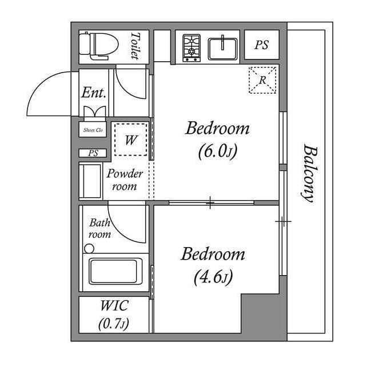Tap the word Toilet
pyautogui.click(x=135, y=45)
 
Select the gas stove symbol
pyautogui.click(x=192, y=48)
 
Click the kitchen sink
pyautogui.click(x=224, y=48)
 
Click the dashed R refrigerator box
pyautogui.click(x=262, y=80)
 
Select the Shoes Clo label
pyautogui.click(x=93, y=130)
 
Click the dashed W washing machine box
pyautogui.click(x=130, y=139)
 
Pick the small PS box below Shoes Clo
pyautogui.click(x=93, y=153)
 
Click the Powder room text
pyautogui.click(x=125, y=180)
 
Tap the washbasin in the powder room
pyautogui.click(x=90, y=181)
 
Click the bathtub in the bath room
pyautogui.click(x=115, y=272)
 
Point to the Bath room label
pyautogui.click(x=99, y=229)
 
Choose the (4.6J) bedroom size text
pyautogui.click(x=213, y=278)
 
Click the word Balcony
pyautogui.click(x=309, y=173)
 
